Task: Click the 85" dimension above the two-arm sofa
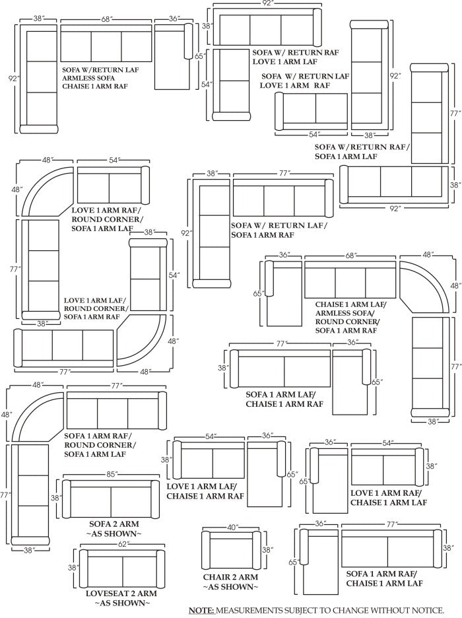(112, 474)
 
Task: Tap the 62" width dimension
(121, 543)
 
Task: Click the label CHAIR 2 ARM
(230, 577)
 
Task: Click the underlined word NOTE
(200, 610)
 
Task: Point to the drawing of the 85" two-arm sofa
(112, 498)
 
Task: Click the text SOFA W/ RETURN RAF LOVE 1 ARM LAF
(295, 56)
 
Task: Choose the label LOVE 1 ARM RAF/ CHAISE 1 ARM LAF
(389, 498)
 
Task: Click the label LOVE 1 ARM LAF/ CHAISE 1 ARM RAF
(205, 491)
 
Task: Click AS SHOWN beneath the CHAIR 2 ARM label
(230, 587)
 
